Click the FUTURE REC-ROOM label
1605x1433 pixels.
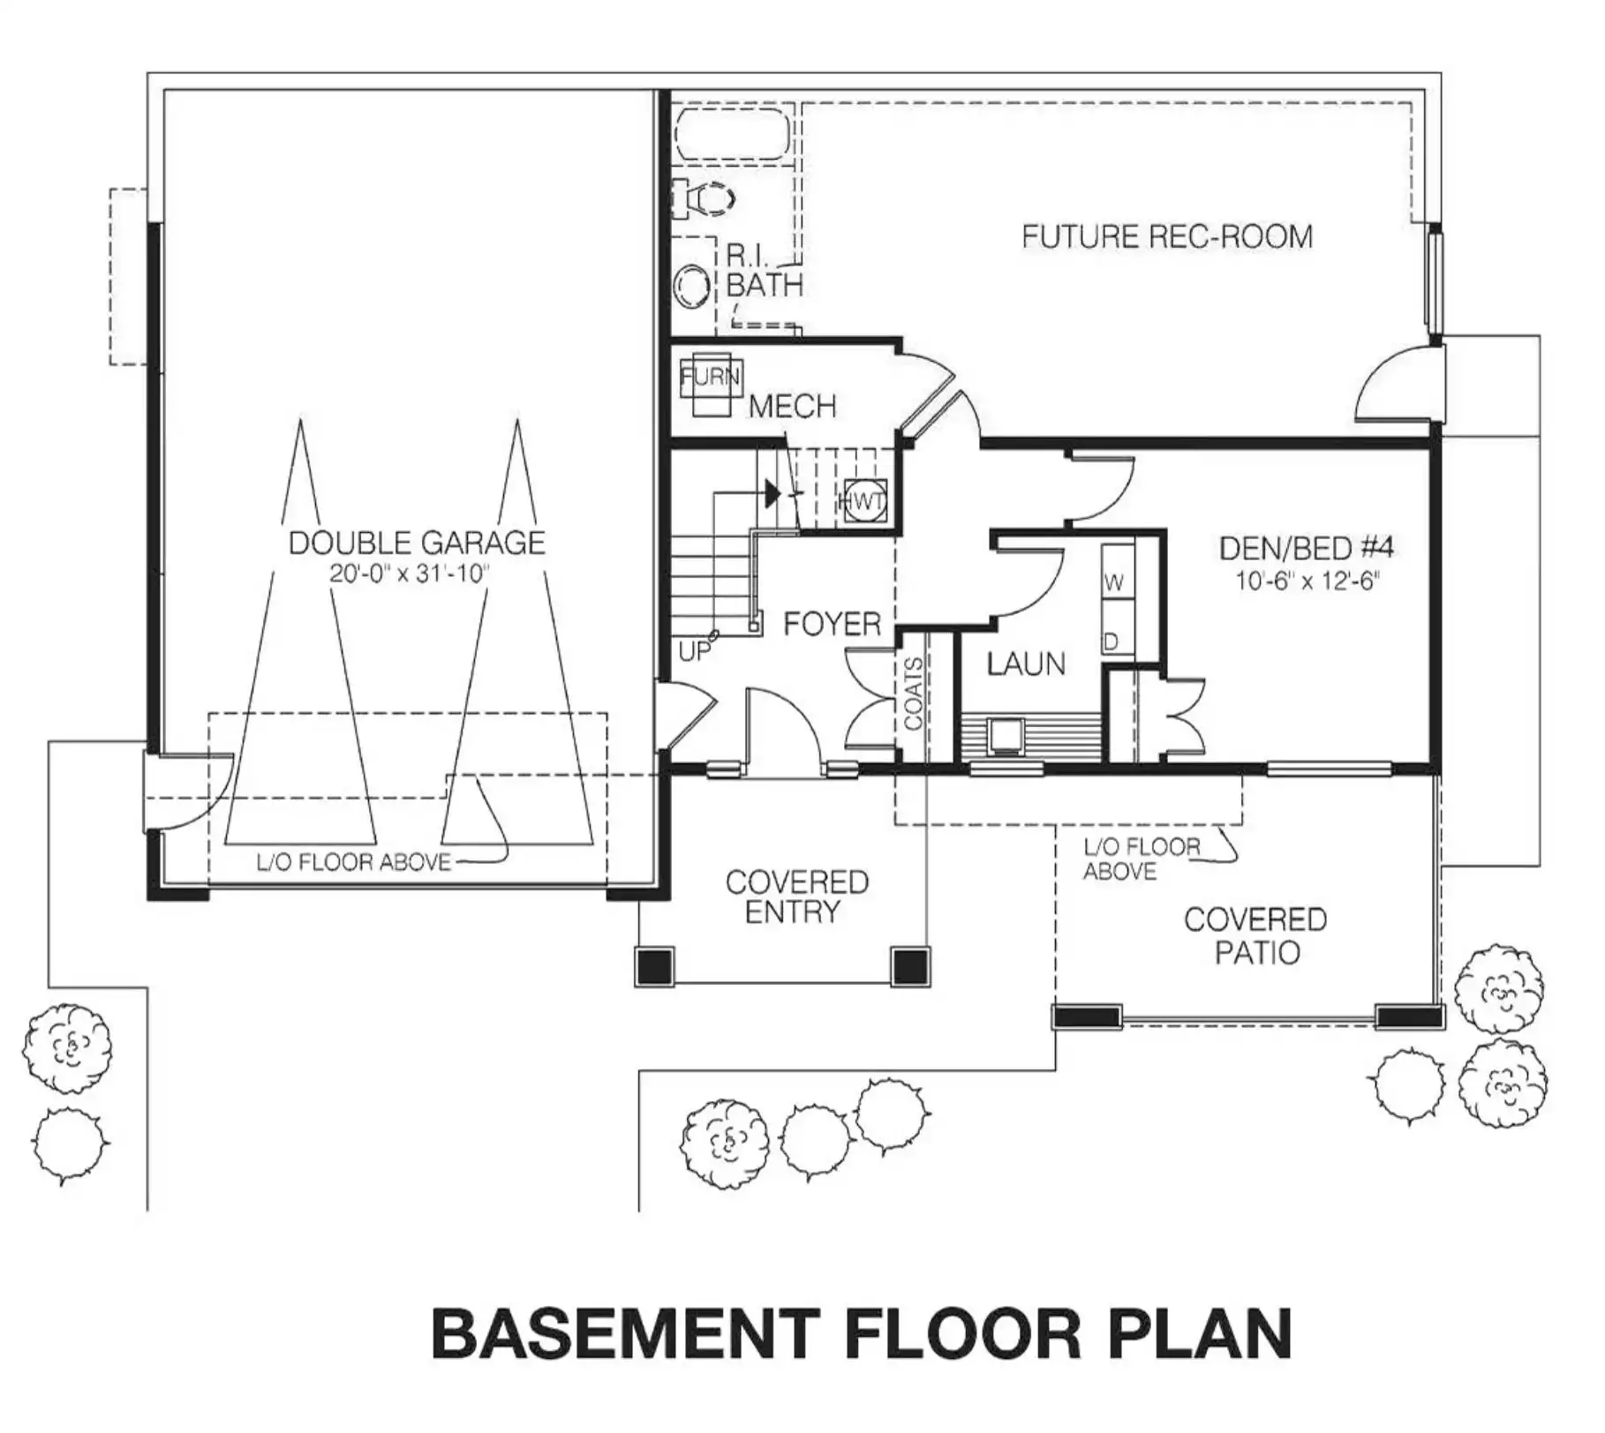click(x=1167, y=236)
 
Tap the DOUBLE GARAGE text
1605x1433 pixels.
click(x=417, y=543)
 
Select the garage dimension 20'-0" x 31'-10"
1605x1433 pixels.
click(x=409, y=574)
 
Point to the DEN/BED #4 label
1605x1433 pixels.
click(x=1306, y=548)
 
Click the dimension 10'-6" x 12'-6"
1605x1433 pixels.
click(x=1307, y=581)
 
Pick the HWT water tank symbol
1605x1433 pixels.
click(x=863, y=502)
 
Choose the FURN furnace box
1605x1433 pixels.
click(x=711, y=386)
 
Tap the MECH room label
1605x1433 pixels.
click(x=793, y=407)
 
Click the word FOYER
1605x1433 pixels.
click(x=833, y=625)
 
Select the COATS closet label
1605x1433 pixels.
click(x=914, y=694)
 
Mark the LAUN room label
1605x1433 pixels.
click(x=1026, y=664)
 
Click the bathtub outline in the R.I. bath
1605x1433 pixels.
click(x=732, y=134)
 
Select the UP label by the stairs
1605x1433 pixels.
click(x=695, y=651)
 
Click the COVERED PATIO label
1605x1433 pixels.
click(x=1255, y=936)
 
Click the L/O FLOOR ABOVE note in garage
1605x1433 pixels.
click(x=354, y=862)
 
